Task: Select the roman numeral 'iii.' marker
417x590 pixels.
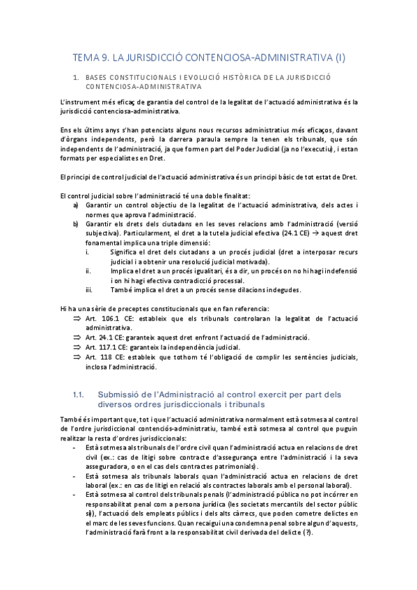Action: coord(89,289)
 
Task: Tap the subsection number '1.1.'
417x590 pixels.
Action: coord(79,394)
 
